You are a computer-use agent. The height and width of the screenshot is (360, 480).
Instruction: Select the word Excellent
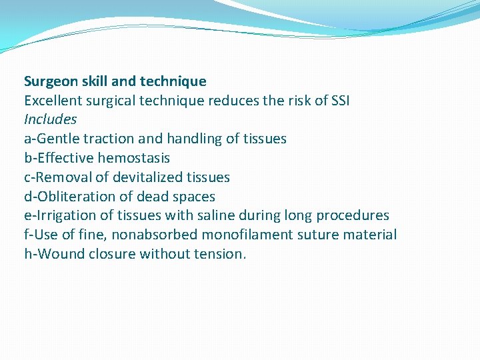[x=52, y=101]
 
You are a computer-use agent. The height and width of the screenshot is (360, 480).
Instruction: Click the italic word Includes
[x=50, y=120]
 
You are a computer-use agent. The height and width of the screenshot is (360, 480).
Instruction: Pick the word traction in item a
[x=108, y=139]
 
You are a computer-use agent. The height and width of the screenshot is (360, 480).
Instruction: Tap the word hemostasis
[x=133, y=158]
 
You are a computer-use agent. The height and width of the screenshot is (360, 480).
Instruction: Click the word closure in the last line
[x=111, y=254]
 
